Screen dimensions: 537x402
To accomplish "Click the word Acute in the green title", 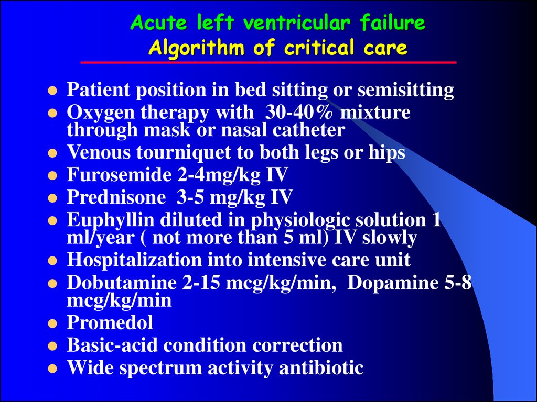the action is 159,23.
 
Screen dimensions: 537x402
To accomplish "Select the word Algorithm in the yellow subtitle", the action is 197,48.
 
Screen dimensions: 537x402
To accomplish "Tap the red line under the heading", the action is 268,63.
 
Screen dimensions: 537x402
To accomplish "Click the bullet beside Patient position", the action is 52,91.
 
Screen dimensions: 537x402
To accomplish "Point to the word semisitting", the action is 406,90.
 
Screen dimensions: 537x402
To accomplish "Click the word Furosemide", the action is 119,174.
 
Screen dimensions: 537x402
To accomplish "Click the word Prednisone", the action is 116,197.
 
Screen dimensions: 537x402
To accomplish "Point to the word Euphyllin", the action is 111,220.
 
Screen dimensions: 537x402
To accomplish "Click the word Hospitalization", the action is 134,260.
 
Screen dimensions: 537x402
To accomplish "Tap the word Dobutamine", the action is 122,282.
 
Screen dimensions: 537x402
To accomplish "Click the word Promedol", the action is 110,322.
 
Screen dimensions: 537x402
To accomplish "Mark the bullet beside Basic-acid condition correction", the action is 52,347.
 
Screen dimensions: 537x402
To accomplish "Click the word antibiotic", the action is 321,368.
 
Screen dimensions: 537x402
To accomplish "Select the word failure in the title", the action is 392,23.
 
